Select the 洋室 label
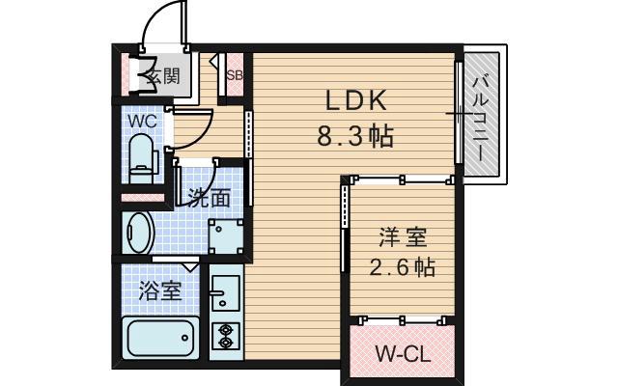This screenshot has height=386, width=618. (401, 236)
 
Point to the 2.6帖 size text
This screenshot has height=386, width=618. (401, 267)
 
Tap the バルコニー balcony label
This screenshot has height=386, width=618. (480, 114)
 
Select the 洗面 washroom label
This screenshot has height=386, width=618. (209, 199)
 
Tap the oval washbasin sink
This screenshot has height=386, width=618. (139, 231)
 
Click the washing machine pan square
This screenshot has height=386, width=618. (227, 234)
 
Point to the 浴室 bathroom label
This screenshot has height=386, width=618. (159, 289)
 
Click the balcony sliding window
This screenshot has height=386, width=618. (458, 115)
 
